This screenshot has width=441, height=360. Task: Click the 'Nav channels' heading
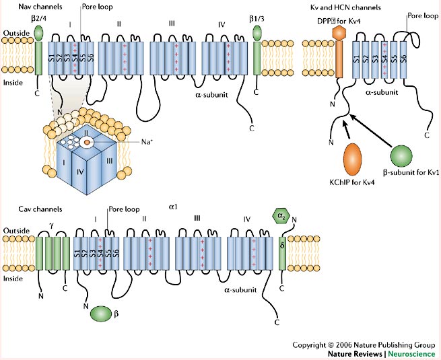pyautogui.click(x=26, y=7)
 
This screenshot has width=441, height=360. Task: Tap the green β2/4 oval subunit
pyautogui.click(x=38, y=32)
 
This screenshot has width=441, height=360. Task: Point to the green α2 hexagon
pyautogui.click(x=280, y=215)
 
